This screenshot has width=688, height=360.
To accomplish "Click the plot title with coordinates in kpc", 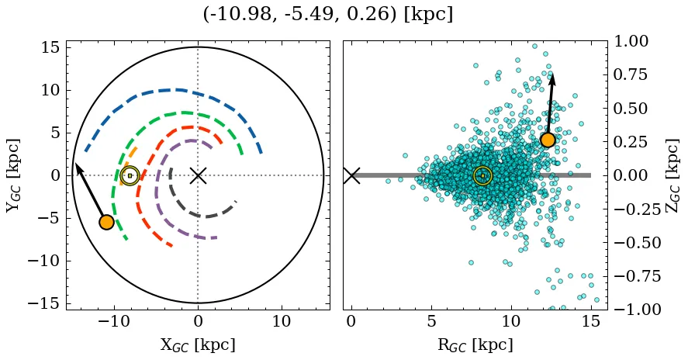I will click(327, 15).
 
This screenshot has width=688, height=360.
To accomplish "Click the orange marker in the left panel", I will click(107, 222).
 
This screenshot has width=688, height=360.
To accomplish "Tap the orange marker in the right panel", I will click(548, 140).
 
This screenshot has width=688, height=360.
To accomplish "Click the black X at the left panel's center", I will click(198, 175).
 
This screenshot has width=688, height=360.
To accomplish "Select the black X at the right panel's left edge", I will click(351, 175).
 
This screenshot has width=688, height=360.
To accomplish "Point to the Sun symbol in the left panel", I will click(130, 175).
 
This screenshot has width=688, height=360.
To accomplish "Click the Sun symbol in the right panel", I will click(482, 175).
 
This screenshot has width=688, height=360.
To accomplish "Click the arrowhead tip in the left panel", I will click(76, 164).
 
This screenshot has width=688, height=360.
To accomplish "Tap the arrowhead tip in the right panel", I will click(552, 74).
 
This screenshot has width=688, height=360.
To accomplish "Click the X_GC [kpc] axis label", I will click(198, 344).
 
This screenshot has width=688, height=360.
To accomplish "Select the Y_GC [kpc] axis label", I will click(13, 175).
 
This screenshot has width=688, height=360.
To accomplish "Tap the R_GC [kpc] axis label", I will click(475, 344).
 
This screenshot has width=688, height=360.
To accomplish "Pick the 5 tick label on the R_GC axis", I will click(431, 321).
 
